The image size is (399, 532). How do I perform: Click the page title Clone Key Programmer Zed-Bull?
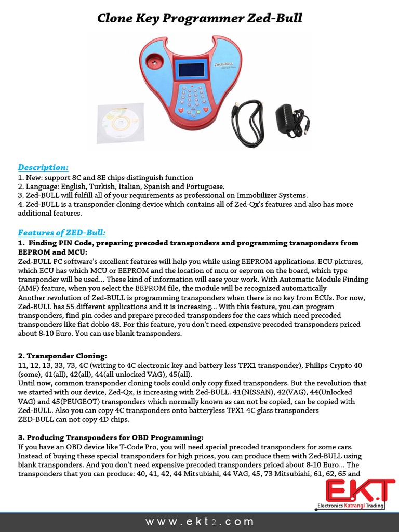(200, 19)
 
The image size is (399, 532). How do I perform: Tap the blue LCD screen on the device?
(191, 69)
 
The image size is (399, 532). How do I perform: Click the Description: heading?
(43, 167)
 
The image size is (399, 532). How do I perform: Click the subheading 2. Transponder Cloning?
(62, 356)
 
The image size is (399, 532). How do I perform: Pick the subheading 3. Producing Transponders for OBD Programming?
(111, 437)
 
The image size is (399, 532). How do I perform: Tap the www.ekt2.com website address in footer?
(200, 521)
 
